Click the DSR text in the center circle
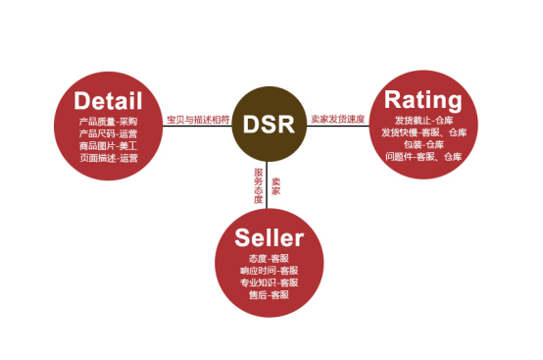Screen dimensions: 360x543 [x=269, y=126]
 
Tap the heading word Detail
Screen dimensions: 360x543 [x=109, y=101]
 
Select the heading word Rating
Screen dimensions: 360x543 [x=422, y=99]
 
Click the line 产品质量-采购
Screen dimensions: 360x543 [x=108, y=121]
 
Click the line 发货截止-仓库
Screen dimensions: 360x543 [x=421, y=119]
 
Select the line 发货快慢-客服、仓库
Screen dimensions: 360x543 [x=421, y=130]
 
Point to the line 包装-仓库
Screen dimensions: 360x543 [x=421, y=143]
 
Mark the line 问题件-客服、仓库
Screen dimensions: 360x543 [x=421, y=155]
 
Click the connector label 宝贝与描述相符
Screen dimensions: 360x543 [x=198, y=120]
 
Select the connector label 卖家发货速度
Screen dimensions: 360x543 [x=337, y=120]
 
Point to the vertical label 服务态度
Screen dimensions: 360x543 [x=259, y=185]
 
